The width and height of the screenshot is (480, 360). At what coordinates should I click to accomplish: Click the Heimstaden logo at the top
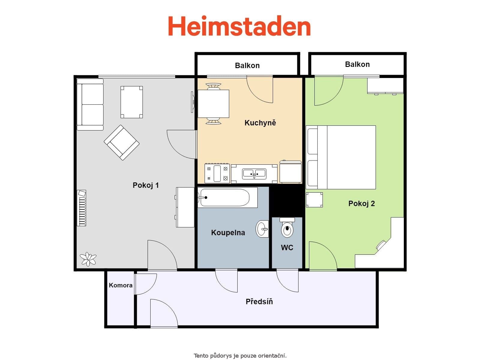[239, 26]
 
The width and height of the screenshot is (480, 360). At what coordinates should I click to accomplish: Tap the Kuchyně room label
[260, 123]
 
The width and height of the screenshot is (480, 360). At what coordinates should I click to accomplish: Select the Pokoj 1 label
[145, 185]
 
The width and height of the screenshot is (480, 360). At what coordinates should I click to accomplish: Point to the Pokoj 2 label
[361, 203]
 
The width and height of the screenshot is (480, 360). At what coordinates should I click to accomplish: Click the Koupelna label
[228, 232]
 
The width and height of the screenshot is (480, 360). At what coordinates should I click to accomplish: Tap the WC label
[287, 247]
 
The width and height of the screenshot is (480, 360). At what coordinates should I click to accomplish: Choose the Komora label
[121, 285]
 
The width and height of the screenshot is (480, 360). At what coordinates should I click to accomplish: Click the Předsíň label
[259, 301]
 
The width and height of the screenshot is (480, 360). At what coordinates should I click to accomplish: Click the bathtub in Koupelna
[225, 197]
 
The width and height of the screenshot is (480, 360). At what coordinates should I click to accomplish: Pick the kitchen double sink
[254, 173]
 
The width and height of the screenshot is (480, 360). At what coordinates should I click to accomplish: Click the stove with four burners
[217, 173]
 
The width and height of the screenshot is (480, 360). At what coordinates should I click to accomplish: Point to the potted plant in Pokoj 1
[88, 259]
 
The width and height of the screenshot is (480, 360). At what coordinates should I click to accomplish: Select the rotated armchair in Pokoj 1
[121, 142]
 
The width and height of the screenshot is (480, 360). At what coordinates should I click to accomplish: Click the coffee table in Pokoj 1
[132, 102]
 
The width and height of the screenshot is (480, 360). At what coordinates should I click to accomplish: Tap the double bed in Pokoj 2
[341, 157]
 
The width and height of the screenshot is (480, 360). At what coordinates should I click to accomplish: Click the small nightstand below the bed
[314, 200]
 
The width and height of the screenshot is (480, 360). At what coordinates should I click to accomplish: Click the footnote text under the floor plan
[240, 356]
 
